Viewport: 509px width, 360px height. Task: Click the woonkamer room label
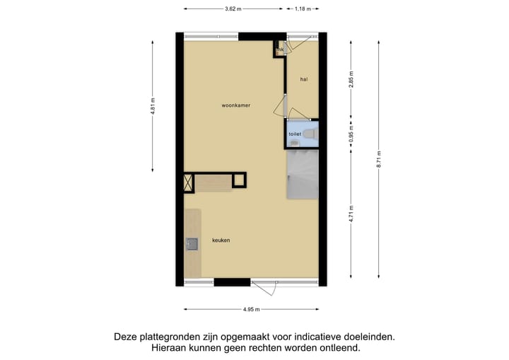click(x=236, y=105)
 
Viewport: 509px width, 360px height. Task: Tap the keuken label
click(x=221, y=240)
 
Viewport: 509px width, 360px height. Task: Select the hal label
click(x=303, y=79)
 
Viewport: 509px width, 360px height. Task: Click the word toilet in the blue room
click(x=294, y=134)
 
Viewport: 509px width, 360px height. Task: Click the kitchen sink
click(x=192, y=245)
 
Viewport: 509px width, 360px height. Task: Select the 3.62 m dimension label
click(x=233, y=9)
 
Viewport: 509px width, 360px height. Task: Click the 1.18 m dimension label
click(x=303, y=9)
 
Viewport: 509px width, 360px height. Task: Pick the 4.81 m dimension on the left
click(x=152, y=105)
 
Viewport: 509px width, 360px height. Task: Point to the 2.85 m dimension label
click(x=351, y=79)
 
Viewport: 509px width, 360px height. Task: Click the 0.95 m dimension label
click(x=351, y=134)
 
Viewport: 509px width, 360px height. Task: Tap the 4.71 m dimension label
click(x=351, y=213)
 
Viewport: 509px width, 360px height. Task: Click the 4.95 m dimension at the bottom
click(x=251, y=310)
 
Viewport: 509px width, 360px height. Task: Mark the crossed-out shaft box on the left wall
click(x=188, y=182)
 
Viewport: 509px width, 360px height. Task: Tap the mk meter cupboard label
click(x=280, y=50)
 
